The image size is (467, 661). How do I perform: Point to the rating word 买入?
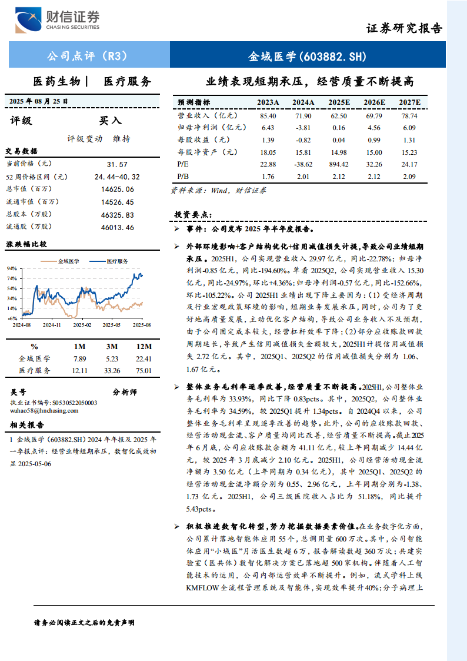coord(110,121)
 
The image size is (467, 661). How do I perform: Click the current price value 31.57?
coord(117,164)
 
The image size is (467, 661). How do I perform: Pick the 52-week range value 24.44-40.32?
coord(117,177)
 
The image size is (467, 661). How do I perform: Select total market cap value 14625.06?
coord(117,189)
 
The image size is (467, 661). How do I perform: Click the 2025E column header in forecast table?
coord(339,102)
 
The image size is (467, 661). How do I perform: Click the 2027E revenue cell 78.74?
coord(409,116)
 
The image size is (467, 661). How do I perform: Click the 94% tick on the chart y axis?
coord(12,268)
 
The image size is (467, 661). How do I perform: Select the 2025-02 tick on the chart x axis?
coord(82,324)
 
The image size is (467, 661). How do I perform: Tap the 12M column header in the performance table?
coord(144,346)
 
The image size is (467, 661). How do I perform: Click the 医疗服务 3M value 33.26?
coord(112,371)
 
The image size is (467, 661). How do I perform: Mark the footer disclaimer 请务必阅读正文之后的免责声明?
coord(85,622)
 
